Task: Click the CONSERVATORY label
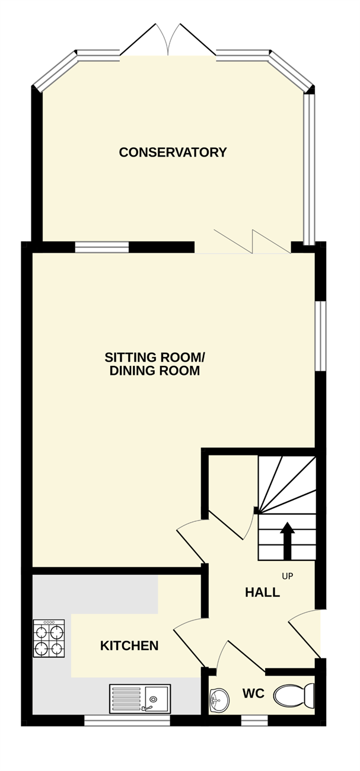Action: [173, 152]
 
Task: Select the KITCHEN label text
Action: [129, 646]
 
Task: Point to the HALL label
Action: [262, 592]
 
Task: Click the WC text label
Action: [253, 693]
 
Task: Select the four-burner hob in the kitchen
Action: [49, 638]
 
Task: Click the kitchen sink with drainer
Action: [140, 699]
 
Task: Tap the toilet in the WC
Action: [294, 696]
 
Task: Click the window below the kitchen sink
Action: [128, 721]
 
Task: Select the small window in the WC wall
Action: [254, 721]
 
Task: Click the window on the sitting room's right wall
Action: [320, 336]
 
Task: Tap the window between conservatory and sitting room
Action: [102, 247]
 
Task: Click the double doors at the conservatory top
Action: [168, 40]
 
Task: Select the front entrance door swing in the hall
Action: [305, 633]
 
